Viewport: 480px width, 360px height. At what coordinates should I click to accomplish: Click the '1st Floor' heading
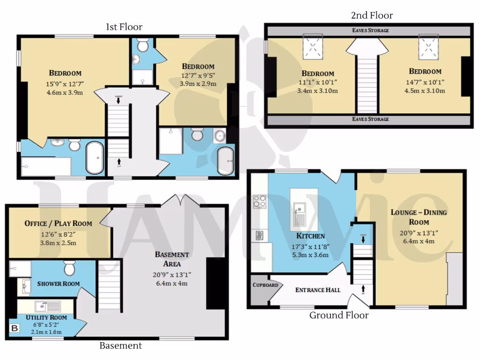coord(124,27)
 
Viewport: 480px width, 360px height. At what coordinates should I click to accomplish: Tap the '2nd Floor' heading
coord(372,15)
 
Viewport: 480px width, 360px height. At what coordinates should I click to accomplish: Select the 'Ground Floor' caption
coord(338,315)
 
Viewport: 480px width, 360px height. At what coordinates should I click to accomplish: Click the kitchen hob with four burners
coord(260,202)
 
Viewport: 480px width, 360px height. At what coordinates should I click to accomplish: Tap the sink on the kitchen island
coord(299,209)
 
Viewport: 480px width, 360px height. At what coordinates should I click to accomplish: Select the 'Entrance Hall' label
coord(317,290)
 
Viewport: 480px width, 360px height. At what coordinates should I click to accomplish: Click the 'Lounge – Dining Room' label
coord(419,217)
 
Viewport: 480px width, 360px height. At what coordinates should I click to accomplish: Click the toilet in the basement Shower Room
coord(70,269)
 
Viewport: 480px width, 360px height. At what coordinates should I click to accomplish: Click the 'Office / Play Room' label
coord(58,224)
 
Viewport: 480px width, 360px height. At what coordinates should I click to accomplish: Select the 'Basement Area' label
coord(172,259)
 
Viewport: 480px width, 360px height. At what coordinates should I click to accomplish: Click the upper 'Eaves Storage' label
coord(370,30)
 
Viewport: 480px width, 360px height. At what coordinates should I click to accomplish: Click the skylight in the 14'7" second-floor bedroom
coord(427,47)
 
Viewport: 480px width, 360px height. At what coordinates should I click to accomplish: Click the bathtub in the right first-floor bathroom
coord(226,161)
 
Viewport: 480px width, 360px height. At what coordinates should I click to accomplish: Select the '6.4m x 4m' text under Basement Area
coord(172,284)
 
